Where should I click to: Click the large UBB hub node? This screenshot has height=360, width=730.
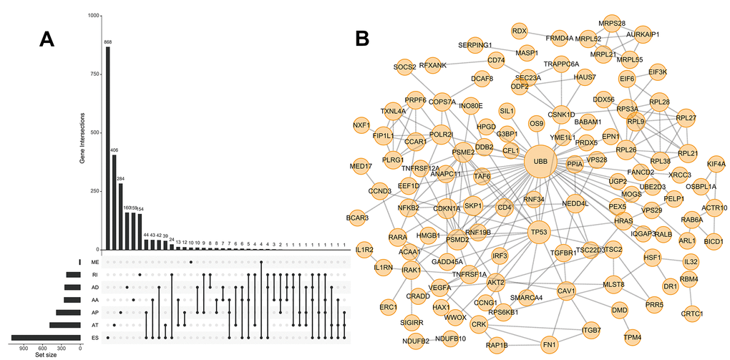[x=540, y=162]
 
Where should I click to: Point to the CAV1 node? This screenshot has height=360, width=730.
[x=567, y=291]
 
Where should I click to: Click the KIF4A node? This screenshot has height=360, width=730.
[x=716, y=165]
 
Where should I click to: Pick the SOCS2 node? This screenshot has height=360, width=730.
[x=404, y=67]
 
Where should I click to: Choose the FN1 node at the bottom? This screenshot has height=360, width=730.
[x=549, y=343]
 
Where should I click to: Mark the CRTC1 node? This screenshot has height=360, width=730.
[x=691, y=313]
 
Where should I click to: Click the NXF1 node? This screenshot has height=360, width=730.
[x=362, y=125]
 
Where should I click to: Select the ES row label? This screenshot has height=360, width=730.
[x=94, y=338]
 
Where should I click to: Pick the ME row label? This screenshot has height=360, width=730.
[x=94, y=263]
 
